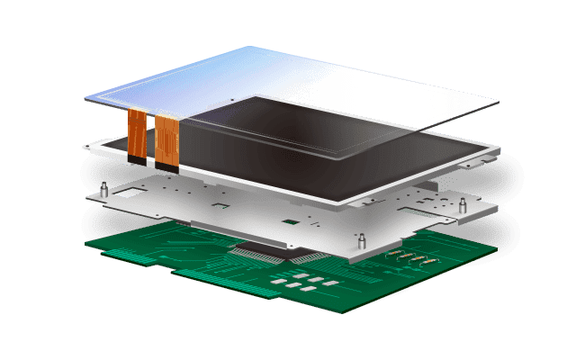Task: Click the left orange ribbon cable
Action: (136, 131)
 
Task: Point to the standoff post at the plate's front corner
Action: (360, 241)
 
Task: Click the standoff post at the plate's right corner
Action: (463, 207)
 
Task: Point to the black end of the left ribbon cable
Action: (135, 158)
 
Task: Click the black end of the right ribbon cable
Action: (167, 165)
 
